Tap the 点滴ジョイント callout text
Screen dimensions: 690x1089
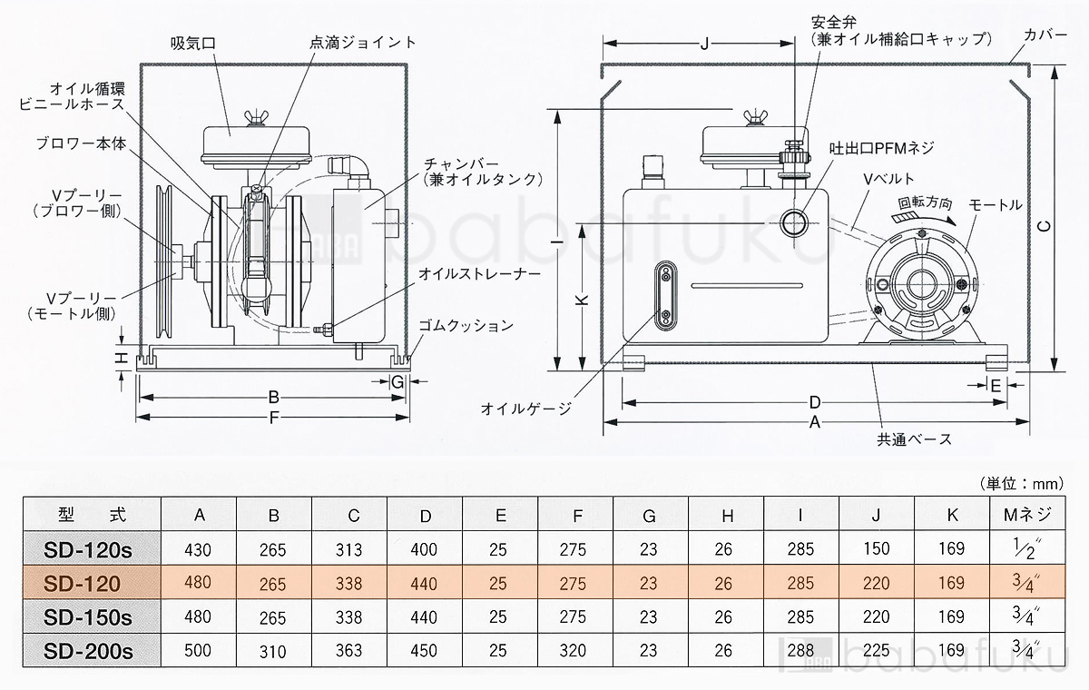pos(361,43)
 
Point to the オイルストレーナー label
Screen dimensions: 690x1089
pos(469,272)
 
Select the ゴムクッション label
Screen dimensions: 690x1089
pos(466,325)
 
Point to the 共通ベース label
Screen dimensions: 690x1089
pos(914,439)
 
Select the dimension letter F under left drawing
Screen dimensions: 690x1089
pos(274,419)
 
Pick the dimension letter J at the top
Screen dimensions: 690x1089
pos(705,43)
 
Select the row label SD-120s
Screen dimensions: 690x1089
pos(89,548)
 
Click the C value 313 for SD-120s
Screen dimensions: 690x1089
pos(348,549)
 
